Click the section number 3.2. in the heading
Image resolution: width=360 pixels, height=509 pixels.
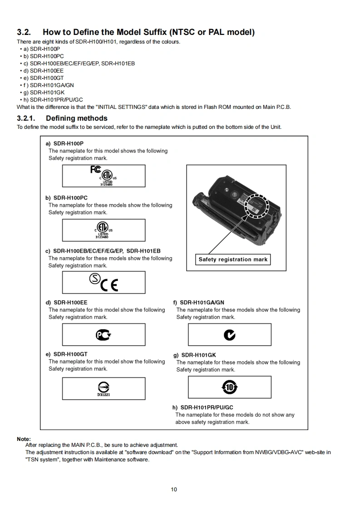point(24,32)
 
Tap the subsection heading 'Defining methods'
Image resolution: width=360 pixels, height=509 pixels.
point(77,118)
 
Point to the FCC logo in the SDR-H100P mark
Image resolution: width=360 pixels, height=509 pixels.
point(95,170)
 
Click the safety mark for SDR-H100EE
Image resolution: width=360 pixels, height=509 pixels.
point(104,335)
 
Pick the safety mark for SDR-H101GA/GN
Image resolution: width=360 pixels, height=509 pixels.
point(230,335)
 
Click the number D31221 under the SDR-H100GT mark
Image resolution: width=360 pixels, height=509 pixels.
point(104,395)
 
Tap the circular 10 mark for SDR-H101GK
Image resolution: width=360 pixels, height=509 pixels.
point(230,387)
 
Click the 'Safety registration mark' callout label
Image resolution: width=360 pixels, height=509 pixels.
point(233,259)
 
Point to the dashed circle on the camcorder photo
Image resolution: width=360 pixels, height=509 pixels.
point(257,206)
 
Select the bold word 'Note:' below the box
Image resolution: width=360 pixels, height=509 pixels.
point(24,439)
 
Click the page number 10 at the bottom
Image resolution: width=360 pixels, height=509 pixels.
point(174,489)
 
